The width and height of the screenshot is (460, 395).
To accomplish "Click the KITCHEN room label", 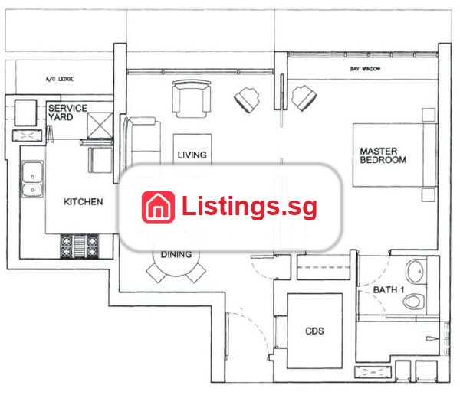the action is point(84,201).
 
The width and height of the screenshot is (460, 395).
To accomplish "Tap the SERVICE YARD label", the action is point(67,113).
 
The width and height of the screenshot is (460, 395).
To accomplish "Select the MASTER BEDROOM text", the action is point(383,155).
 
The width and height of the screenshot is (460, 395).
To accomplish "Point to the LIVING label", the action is point(192,155).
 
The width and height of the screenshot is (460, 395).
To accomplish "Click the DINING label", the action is point(176,254).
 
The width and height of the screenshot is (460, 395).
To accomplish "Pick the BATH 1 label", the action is point(389,290).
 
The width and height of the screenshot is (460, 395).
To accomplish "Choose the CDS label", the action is point(315,331).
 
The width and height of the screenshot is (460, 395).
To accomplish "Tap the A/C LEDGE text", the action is point(60,79).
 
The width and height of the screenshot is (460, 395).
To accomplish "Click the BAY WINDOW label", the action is point(365,69).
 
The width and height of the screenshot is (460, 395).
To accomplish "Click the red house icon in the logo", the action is point(158,207).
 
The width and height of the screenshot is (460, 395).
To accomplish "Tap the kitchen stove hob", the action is point(80,246).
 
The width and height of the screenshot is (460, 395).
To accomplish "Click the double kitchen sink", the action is point(32,179).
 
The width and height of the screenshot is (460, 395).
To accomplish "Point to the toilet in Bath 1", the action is point(414,301).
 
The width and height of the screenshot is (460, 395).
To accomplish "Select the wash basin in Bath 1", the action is point(415,271).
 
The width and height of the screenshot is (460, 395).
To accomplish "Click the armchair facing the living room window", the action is point(191,99).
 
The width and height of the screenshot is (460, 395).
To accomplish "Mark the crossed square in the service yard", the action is point(100,126).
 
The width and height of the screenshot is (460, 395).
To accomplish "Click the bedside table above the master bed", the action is point(429,115).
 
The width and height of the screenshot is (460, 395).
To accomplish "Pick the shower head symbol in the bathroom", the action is point(432,339).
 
